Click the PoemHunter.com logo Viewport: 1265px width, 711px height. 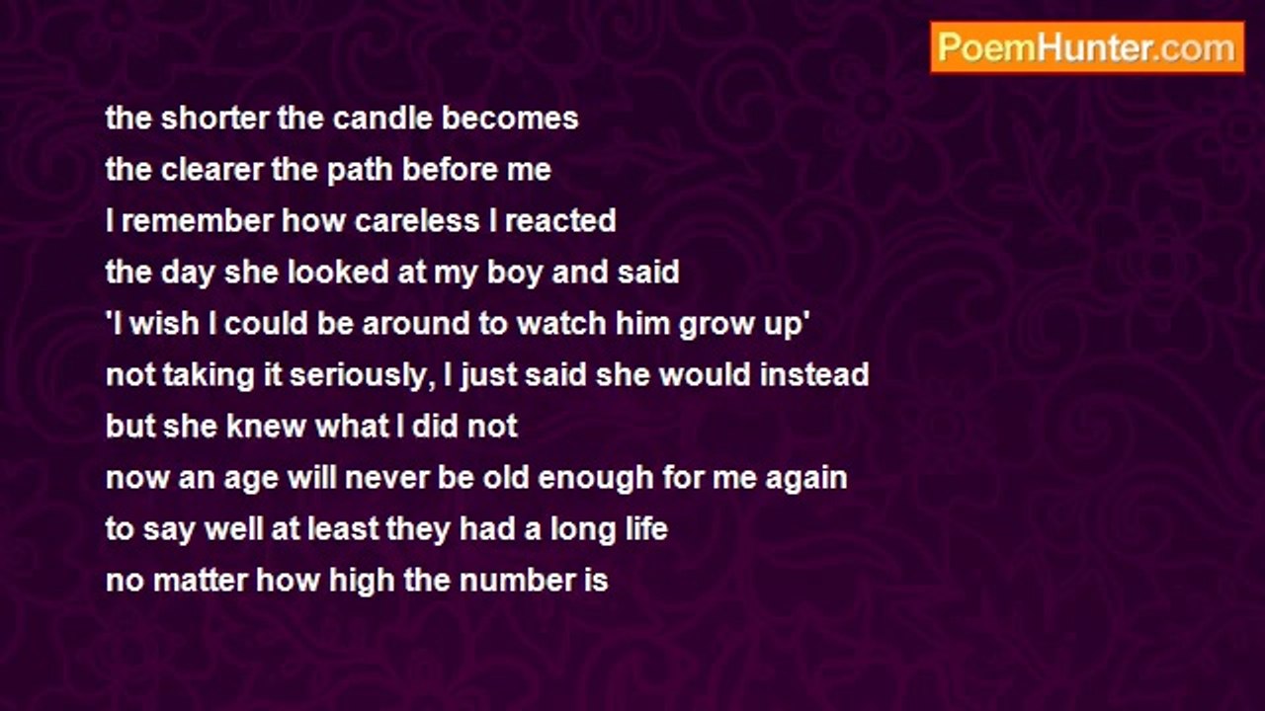click(x=1087, y=47)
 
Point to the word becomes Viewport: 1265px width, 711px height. click(x=510, y=118)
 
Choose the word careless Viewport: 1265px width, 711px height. click(x=417, y=220)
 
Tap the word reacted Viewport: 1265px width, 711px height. click(x=560, y=220)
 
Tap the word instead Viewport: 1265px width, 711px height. click(x=813, y=374)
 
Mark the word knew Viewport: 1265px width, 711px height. click(x=266, y=426)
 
